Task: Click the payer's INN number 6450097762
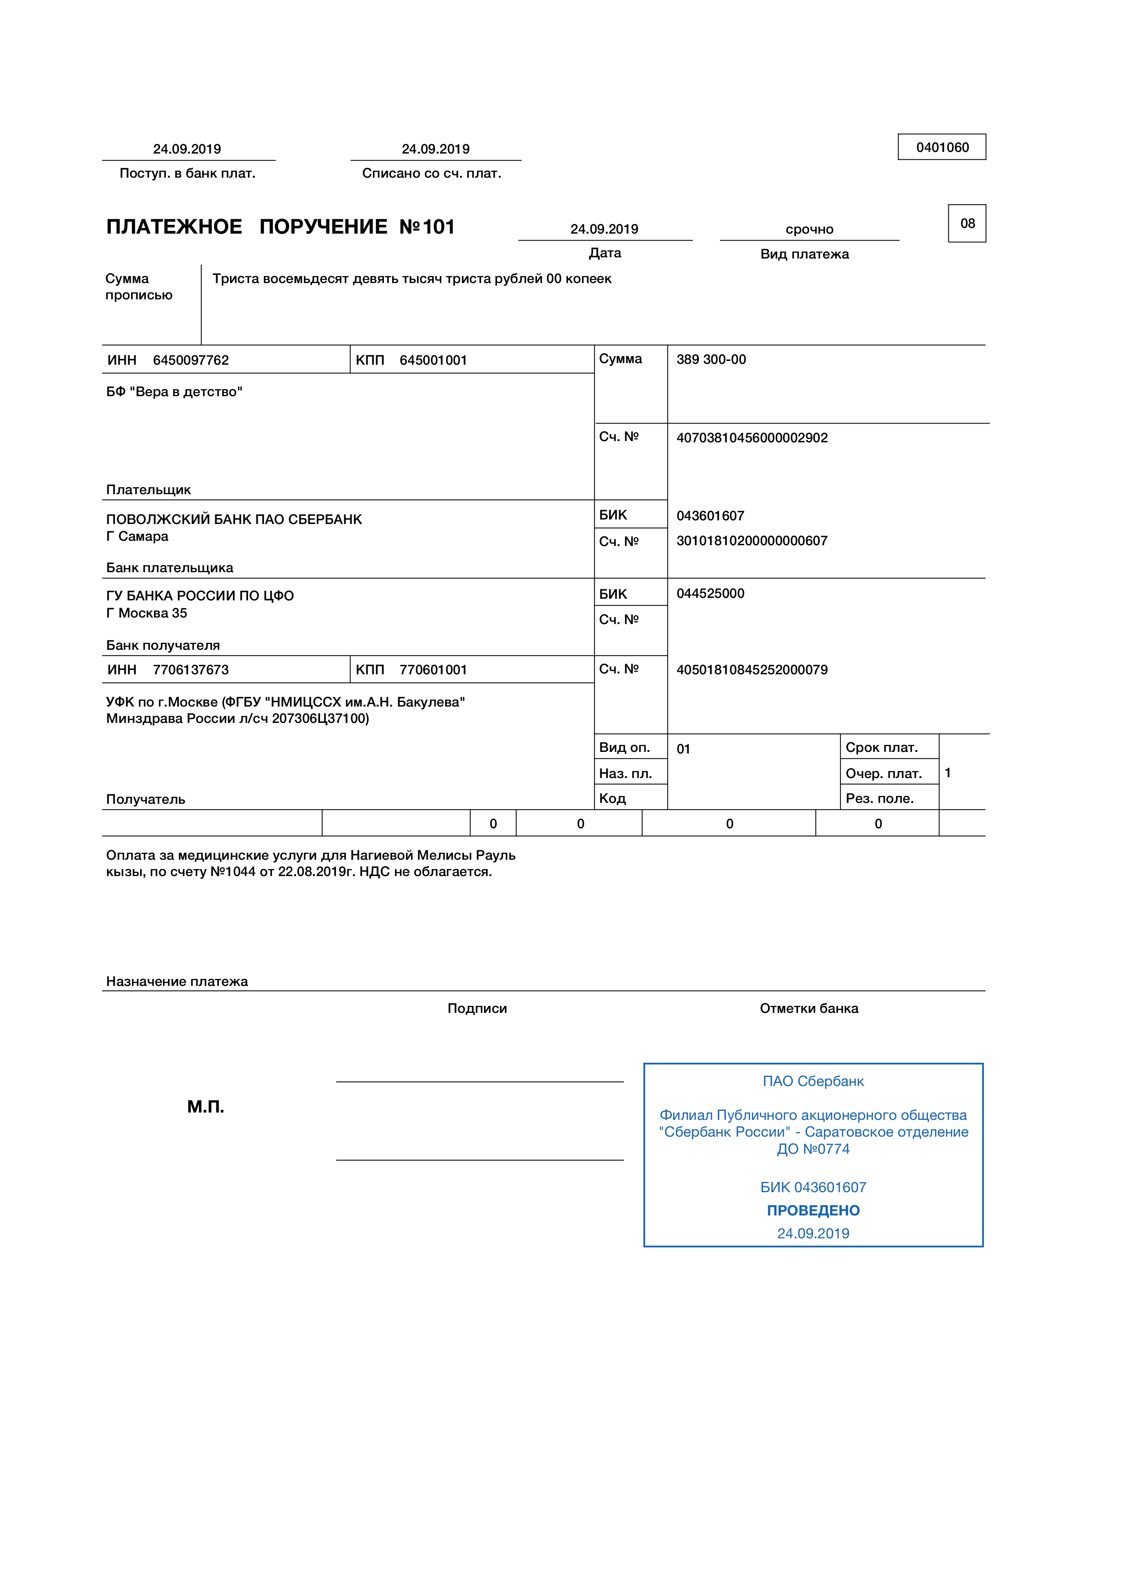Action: (x=191, y=360)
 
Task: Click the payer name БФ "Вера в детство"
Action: (x=174, y=392)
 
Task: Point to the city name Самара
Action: (x=143, y=537)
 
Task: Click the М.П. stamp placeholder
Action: (x=205, y=1107)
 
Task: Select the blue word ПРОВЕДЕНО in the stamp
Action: (x=813, y=1211)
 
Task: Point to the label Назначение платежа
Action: (x=177, y=981)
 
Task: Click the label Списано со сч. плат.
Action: (x=431, y=173)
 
